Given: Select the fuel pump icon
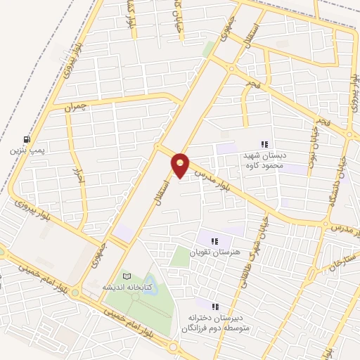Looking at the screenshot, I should tap(27, 139).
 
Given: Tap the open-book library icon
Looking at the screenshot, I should tap(127, 276).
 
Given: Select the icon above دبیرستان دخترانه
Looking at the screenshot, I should tap(215, 307).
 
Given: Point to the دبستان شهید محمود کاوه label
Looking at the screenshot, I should tap(271, 160).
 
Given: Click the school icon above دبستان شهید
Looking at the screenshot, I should tap(264, 144).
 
